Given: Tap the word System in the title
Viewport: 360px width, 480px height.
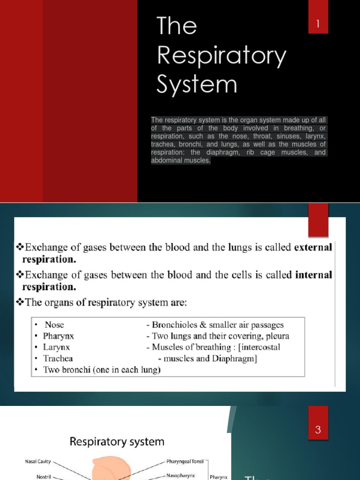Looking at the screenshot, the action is pyautogui.click(x=197, y=85).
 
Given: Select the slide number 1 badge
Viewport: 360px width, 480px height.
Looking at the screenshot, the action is pyautogui.click(x=318, y=24).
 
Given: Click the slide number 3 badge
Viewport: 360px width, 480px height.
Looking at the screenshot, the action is pyautogui.click(x=318, y=430).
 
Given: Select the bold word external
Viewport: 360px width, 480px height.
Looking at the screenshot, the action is pyautogui.click(x=313, y=247).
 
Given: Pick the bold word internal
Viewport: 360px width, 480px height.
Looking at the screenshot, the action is pyautogui.click(x=314, y=275).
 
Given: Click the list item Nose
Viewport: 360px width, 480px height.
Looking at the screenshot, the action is pyautogui.click(x=54, y=325).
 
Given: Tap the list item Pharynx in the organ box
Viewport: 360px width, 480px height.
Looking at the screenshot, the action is pyautogui.click(x=59, y=336).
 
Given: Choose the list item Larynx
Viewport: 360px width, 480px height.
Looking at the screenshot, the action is pyautogui.click(x=57, y=347).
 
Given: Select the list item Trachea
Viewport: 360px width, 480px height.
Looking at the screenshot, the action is pyautogui.click(x=58, y=359).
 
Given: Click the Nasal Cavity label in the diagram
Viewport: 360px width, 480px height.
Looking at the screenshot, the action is pyautogui.click(x=38, y=462).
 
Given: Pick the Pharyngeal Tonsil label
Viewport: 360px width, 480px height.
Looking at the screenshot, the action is pyautogui.click(x=185, y=462).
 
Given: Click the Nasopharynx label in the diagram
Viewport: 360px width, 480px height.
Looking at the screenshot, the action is pyautogui.click(x=183, y=475).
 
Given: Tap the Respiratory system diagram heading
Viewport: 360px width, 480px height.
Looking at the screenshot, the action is pyautogui.click(x=117, y=442).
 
